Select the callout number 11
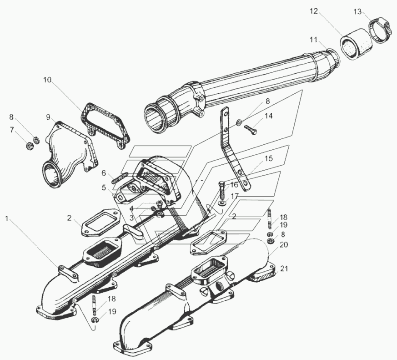click(x=313, y=40)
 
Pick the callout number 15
click(x=268, y=158)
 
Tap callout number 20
click(x=284, y=244)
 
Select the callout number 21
click(x=284, y=269)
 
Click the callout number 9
click(x=48, y=117)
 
